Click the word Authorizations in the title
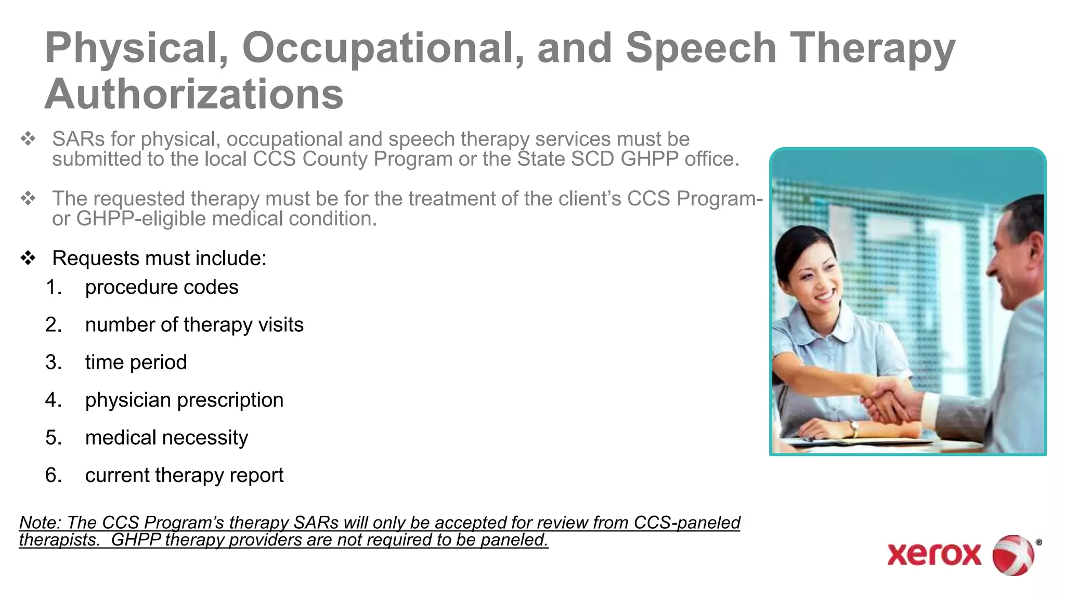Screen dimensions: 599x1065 193,94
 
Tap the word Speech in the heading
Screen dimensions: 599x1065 700,48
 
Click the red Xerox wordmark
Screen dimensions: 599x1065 934,555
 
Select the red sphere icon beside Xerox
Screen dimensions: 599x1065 1013,555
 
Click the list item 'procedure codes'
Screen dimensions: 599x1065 161,287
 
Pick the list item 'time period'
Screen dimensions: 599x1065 136,362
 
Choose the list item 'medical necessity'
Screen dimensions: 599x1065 166,438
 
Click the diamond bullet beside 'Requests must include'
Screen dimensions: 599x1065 28,258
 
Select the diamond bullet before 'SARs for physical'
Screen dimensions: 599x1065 28,139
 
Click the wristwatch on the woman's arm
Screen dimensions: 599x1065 854,428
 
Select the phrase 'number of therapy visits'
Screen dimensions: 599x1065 194,325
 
